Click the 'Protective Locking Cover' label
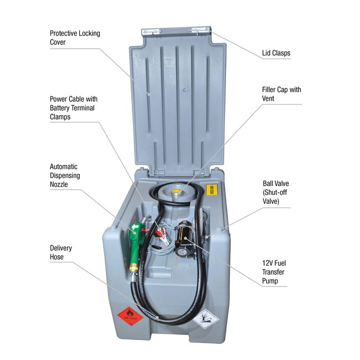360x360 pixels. point(75,37)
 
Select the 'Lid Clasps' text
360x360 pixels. point(276,54)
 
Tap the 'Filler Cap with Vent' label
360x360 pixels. point(281,94)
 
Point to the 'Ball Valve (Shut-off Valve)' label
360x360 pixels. point(276,192)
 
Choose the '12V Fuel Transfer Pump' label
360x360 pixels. point(274,271)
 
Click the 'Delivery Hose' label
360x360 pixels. point(61,253)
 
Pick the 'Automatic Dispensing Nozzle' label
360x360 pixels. point(65,176)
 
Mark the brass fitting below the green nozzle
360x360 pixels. point(133,270)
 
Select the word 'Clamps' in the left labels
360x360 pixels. point(60,117)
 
